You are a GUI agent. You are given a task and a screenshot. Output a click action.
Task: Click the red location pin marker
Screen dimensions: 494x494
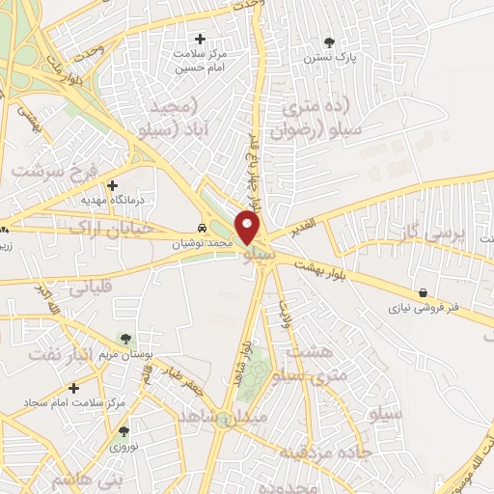pyautogui.click(x=248, y=229)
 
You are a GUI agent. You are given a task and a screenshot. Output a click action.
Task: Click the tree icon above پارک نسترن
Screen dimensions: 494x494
pyautogui.click(x=330, y=41)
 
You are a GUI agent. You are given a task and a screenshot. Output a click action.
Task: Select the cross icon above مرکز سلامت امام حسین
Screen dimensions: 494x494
pyautogui.click(x=200, y=39)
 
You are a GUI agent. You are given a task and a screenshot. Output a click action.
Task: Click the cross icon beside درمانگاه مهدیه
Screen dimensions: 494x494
pyautogui.click(x=113, y=184)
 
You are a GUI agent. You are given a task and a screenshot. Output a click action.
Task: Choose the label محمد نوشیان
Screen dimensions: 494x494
pyautogui.click(x=204, y=245)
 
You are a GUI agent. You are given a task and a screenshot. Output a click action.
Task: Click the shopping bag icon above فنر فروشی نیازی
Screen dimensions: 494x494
pyautogui.click(x=423, y=292)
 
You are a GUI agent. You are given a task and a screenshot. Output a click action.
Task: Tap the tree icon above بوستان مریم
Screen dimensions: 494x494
pyautogui.click(x=124, y=337)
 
